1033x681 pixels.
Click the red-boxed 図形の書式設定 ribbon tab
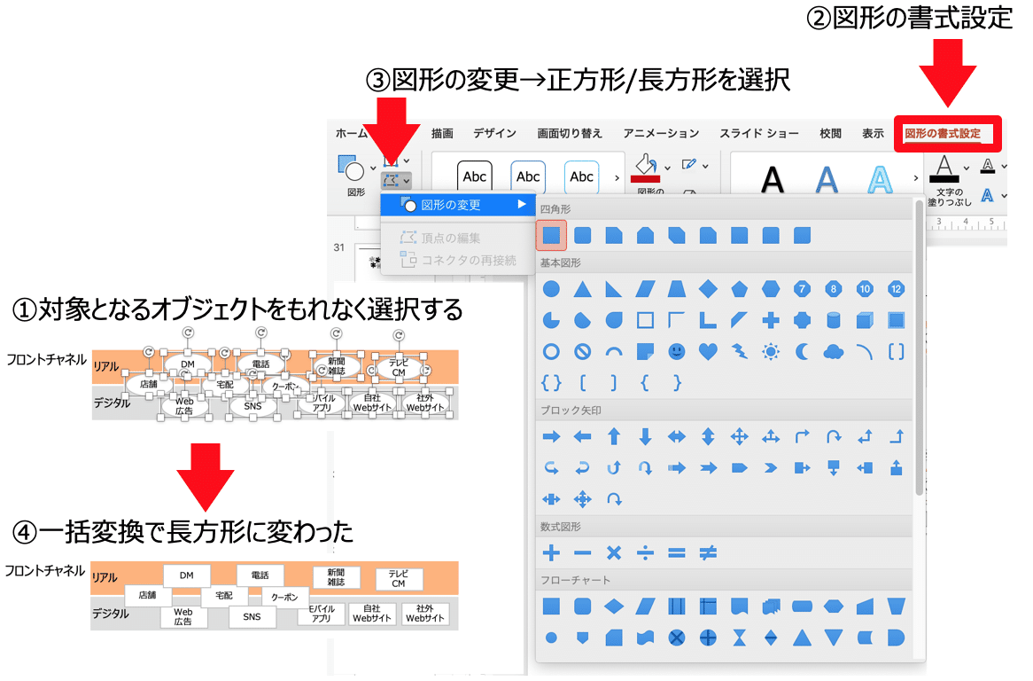tap(946, 134)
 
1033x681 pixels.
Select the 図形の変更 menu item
tap(451, 205)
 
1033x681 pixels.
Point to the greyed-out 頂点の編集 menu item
tap(451, 238)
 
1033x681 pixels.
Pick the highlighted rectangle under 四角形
tap(551, 235)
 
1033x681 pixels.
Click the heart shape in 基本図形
tap(707, 351)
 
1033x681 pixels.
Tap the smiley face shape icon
tap(676, 351)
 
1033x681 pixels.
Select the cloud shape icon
tap(833, 351)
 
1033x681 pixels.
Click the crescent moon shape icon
tap(802, 351)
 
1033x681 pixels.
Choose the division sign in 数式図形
tap(645, 552)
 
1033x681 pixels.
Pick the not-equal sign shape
tap(707, 552)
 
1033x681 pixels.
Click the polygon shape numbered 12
tap(896, 289)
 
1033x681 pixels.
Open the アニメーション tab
tap(661, 134)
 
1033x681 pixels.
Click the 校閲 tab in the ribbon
tap(830, 134)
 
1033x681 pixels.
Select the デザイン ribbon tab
tap(494, 134)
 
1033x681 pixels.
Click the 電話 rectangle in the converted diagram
tap(260, 575)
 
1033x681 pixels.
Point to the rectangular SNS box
tap(252, 616)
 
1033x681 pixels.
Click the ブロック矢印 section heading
tap(571, 411)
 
